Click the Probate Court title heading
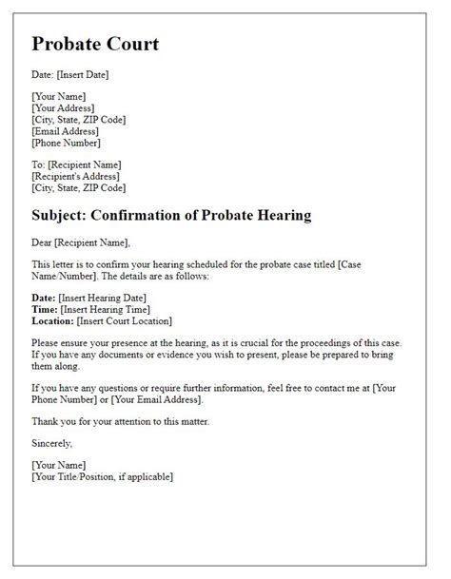click(x=95, y=44)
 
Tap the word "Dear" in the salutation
click(x=45, y=242)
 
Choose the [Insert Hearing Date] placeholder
click(x=109, y=298)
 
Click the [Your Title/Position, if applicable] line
click(x=102, y=476)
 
